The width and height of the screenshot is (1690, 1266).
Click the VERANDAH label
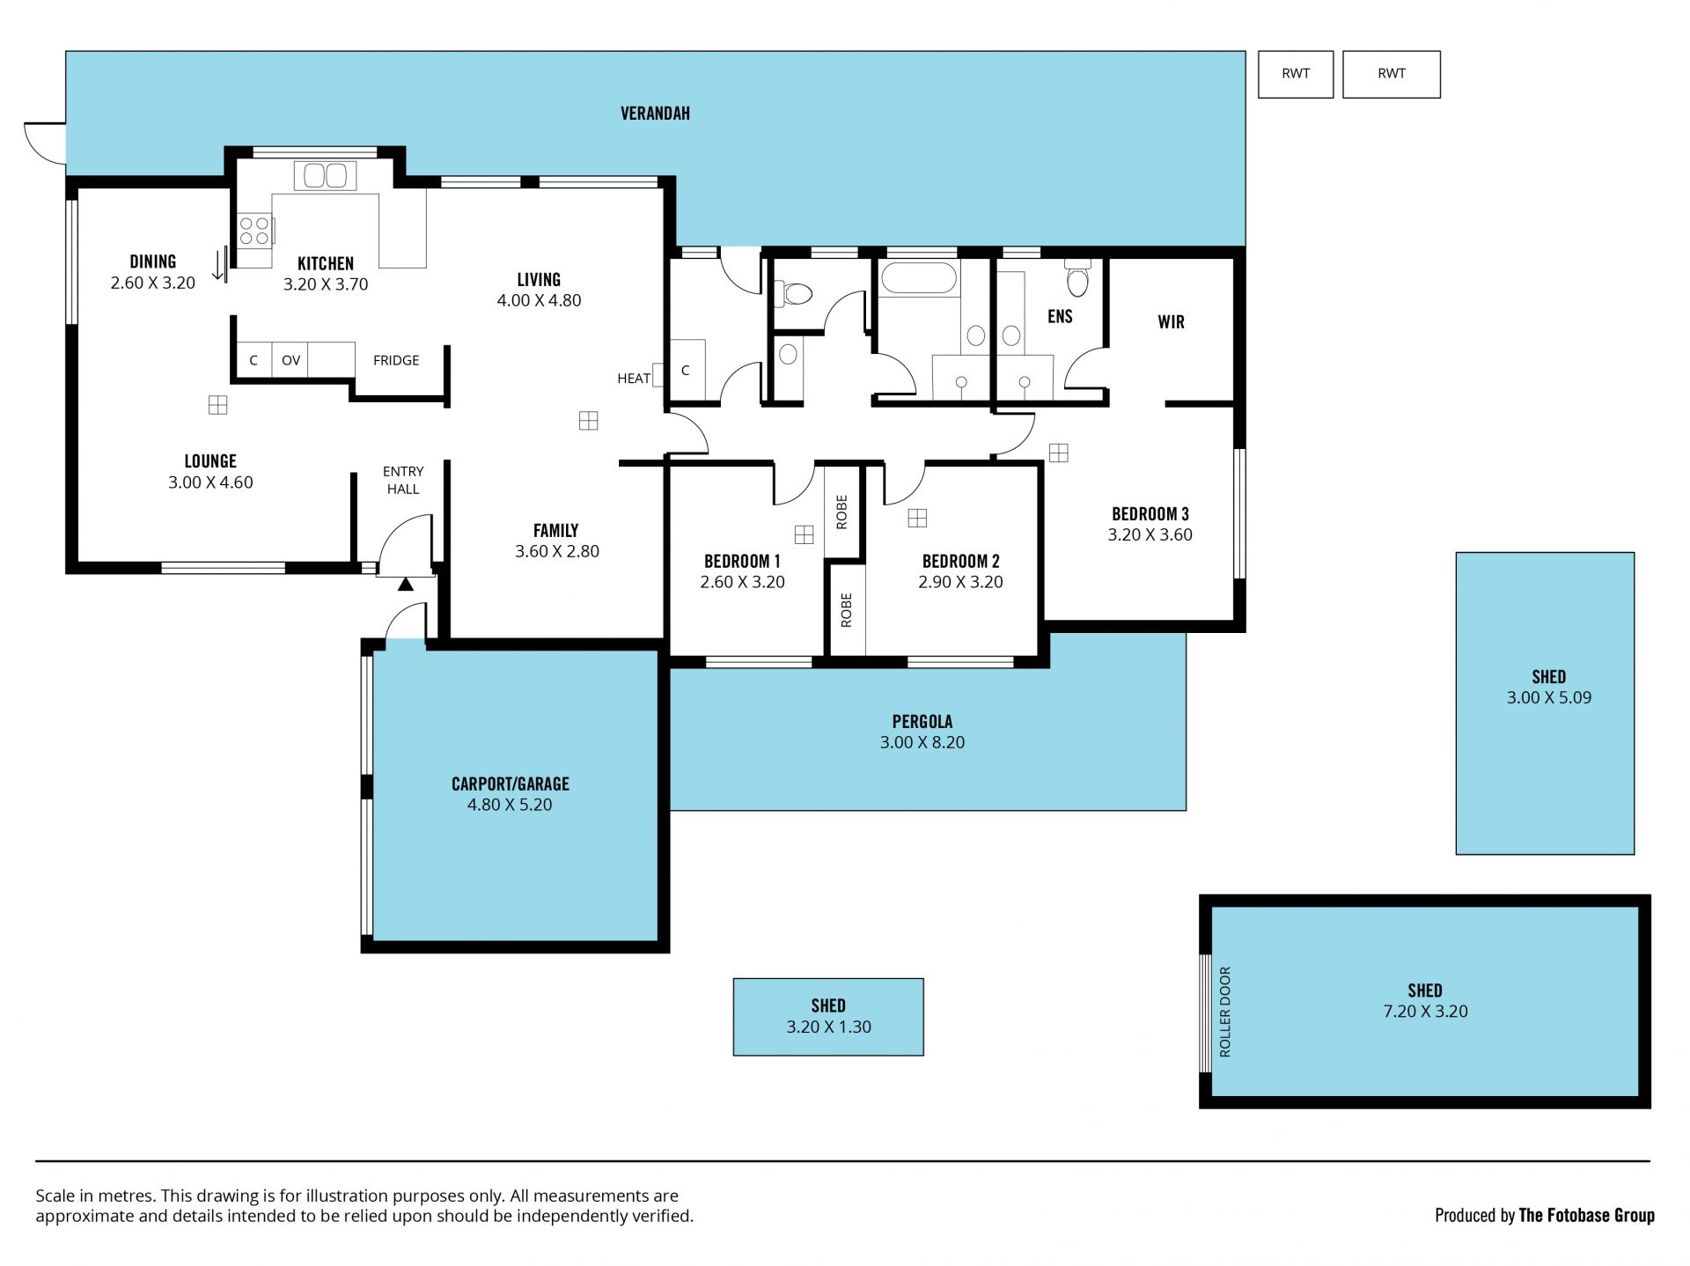655,114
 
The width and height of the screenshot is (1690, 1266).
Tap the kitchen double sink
326,175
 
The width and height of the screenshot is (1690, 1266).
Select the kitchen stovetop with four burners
254,231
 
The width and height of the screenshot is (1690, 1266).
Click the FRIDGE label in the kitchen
396,360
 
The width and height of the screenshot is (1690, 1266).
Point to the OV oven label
290,360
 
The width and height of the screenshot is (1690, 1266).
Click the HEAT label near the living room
634,379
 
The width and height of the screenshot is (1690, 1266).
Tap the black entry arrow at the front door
405,584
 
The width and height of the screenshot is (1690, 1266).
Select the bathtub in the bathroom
918,278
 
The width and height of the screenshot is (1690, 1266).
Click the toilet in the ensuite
1077,279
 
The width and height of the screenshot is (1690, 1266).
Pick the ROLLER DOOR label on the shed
1225,1012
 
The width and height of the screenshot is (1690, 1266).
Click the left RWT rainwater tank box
1296,74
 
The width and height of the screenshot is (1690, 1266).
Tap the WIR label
1171,322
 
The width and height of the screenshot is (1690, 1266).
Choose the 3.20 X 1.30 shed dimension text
828,1027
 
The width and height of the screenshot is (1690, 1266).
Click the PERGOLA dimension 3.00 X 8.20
922,742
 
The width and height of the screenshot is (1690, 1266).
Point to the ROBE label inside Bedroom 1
841,512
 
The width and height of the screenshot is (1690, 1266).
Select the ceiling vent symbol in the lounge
217,405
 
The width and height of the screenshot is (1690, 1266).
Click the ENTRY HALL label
403,480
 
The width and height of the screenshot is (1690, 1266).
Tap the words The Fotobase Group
1587,1215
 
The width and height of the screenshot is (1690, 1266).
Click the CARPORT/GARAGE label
511,784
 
